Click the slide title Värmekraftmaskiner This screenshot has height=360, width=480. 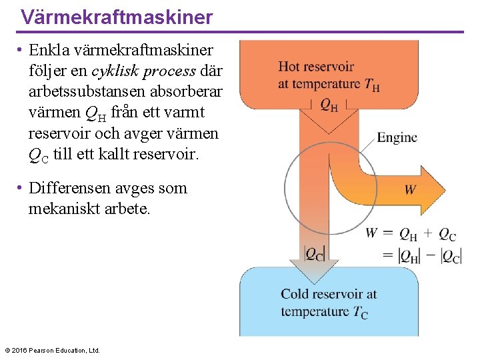pyautogui.click(x=117, y=17)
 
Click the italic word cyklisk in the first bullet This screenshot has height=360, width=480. pyautogui.click(x=113, y=71)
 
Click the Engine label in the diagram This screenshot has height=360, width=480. pyautogui.click(x=397, y=137)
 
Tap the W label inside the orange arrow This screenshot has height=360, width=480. pyautogui.click(x=410, y=190)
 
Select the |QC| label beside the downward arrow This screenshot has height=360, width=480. pyautogui.click(x=313, y=253)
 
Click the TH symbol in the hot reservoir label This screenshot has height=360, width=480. pyautogui.click(x=372, y=85)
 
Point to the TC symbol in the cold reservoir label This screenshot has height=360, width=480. pyautogui.click(x=360, y=311)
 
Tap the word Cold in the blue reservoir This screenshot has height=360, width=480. pyautogui.click(x=294, y=294)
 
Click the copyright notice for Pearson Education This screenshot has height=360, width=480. pyautogui.click(x=52, y=350)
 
